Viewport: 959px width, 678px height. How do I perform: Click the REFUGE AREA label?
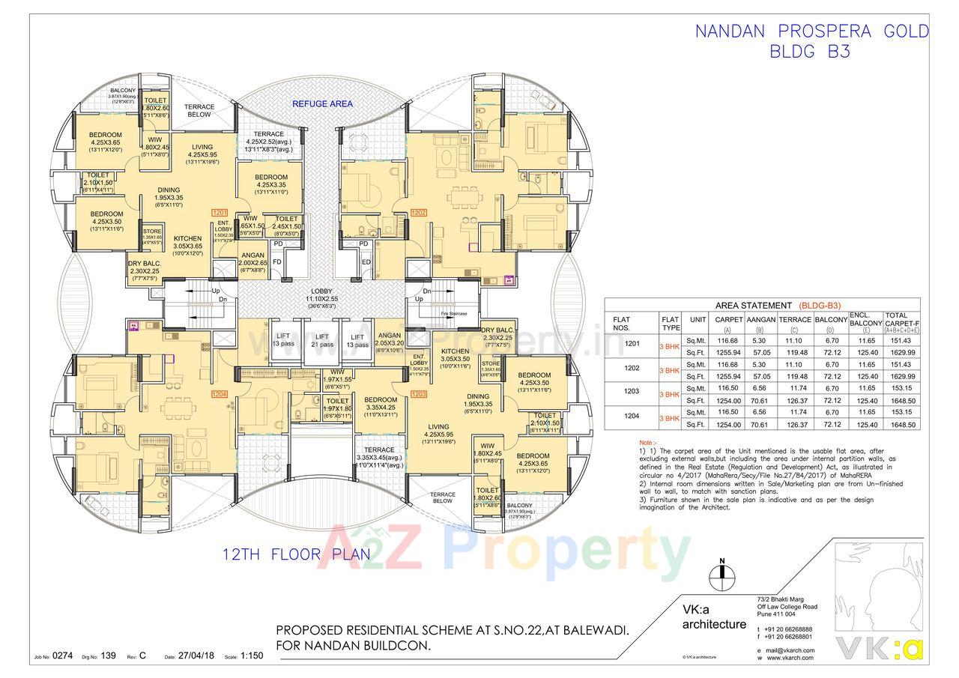pos(322,103)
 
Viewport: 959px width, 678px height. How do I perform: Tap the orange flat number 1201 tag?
pos(220,212)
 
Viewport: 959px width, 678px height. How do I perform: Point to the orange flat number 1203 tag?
pos(419,394)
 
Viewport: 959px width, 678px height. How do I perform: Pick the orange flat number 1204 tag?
pos(220,394)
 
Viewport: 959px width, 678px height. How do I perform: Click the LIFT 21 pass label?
pos(323,341)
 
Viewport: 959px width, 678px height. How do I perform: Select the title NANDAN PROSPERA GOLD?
pos(811,31)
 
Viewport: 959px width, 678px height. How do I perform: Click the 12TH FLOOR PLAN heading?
pos(297,555)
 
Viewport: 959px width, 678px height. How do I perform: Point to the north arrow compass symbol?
pos(721,574)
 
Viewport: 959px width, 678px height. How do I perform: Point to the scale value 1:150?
pos(252,656)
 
